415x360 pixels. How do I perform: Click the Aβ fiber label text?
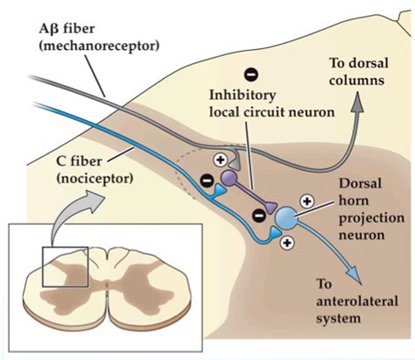[x=67, y=29]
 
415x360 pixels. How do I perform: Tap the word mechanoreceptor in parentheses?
[x=99, y=46]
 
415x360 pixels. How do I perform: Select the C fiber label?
[x=79, y=161]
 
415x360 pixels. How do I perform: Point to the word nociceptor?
[x=95, y=178]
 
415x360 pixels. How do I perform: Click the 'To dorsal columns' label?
[x=359, y=72]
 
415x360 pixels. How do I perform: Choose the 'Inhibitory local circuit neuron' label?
[x=272, y=103]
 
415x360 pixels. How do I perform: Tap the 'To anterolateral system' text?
[x=357, y=301]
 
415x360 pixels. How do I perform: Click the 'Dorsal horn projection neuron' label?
[x=371, y=209]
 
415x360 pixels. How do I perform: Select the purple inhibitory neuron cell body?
[x=229, y=179]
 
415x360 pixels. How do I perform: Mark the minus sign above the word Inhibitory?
[x=251, y=74]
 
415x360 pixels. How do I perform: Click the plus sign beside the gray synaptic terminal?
[x=221, y=159]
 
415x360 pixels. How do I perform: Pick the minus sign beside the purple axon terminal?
[x=258, y=215]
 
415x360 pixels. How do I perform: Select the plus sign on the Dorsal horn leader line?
[x=306, y=201]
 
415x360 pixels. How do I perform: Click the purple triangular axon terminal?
[x=271, y=208]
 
